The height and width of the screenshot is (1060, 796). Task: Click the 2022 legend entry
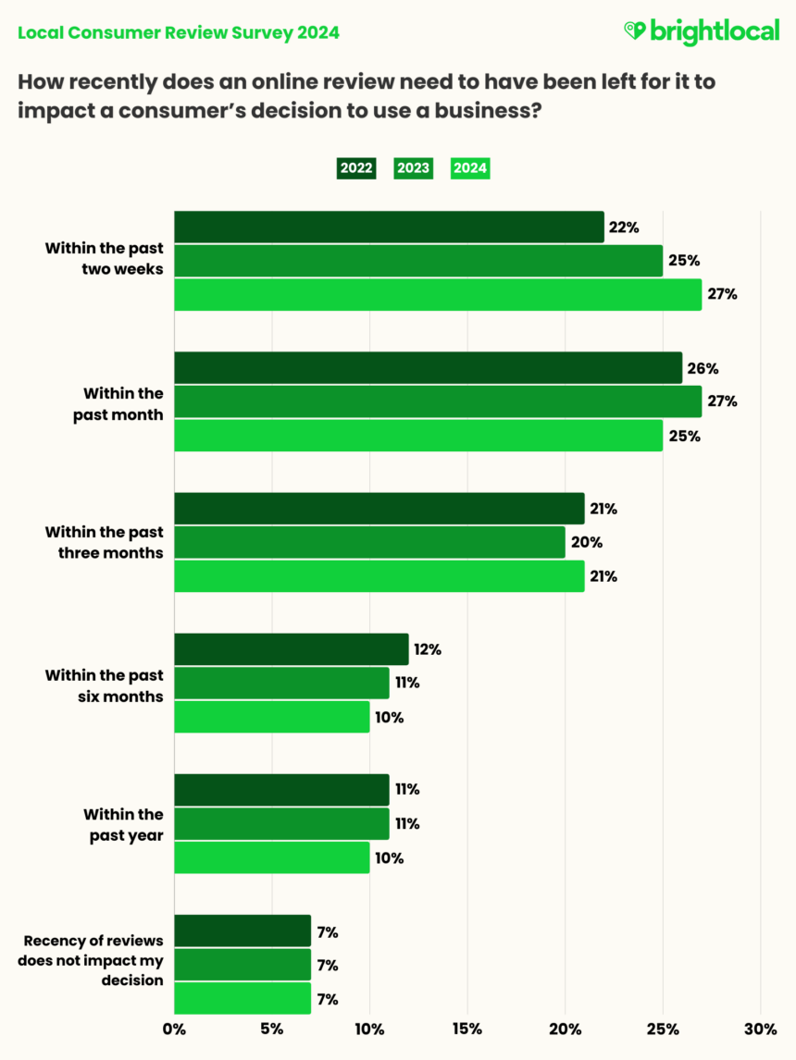coord(356,168)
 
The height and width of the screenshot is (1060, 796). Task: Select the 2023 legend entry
coord(413,168)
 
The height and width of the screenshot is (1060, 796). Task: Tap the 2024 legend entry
coord(469,168)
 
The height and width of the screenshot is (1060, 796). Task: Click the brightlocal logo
coord(701,32)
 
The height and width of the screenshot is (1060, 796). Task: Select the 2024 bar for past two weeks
coord(438,294)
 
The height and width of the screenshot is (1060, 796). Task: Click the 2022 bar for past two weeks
coord(389,227)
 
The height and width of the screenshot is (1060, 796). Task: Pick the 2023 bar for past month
coord(438,401)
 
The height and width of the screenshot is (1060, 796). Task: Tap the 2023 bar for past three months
coord(369,542)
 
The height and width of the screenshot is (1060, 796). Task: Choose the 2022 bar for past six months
coord(291,649)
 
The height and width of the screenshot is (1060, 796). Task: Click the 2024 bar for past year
coord(271,857)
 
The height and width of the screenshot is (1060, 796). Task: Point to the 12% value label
coord(428,649)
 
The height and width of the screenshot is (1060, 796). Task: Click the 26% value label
coord(703,368)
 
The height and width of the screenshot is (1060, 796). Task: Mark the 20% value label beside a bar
coord(585,542)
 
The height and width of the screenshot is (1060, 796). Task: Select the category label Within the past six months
coord(104,685)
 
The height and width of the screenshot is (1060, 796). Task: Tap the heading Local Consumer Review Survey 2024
coord(179,32)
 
